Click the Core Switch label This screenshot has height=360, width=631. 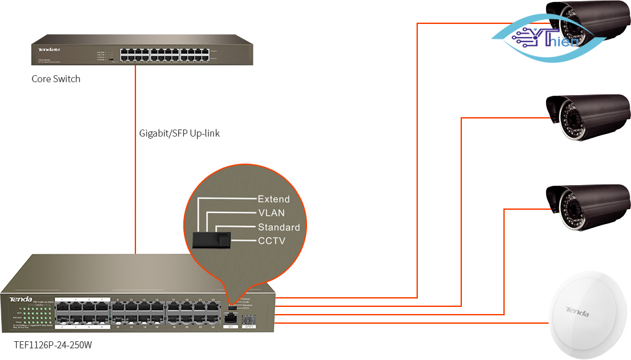point(56,79)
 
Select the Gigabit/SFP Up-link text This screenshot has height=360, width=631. point(179,133)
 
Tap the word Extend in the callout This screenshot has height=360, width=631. point(273,199)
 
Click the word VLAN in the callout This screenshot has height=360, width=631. point(271,213)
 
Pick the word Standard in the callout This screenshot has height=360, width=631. point(279,227)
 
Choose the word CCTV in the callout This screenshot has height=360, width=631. point(271,241)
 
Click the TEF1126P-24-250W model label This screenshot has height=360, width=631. point(52,346)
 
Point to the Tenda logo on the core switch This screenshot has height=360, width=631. point(49,49)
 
